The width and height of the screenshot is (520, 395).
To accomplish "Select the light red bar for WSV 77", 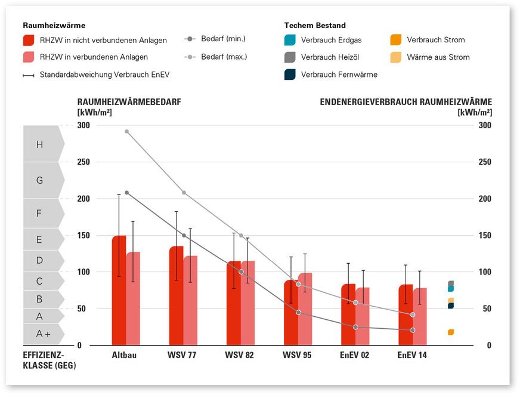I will (190, 300).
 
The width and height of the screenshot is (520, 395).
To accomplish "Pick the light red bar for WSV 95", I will (305, 309).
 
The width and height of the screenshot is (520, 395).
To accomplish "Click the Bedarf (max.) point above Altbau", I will (126, 131).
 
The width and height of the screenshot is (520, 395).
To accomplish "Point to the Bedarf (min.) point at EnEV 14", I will (413, 330).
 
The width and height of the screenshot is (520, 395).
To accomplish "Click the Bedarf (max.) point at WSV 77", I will (184, 193).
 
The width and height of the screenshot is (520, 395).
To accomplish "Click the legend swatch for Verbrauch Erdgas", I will (290, 40).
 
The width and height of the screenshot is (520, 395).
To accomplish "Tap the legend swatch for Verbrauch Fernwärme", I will (290, 75).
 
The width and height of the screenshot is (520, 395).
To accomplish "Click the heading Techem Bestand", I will (315, 26).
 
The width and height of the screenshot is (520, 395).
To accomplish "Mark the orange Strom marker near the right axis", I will (451, 332).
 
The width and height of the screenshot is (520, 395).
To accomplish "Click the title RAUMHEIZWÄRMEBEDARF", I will (129, 102).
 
